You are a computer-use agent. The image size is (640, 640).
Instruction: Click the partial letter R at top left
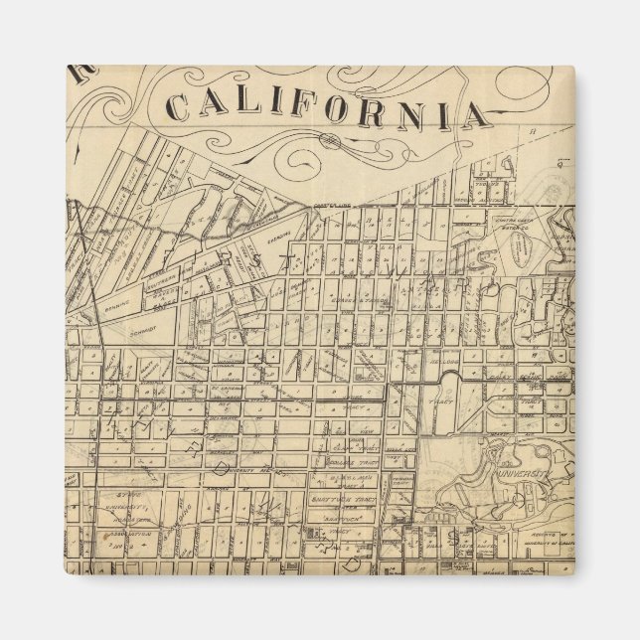coord(79,75)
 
